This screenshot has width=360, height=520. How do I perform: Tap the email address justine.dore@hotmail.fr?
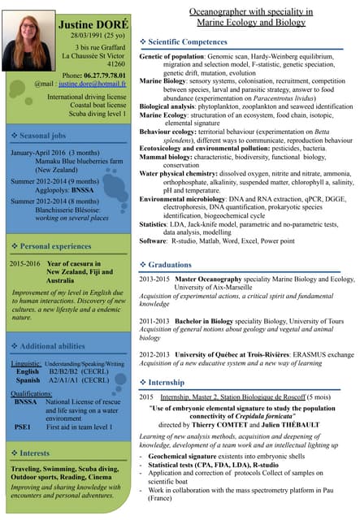click(x=91, y=84)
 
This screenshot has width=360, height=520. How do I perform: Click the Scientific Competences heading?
click(x=188, y=41)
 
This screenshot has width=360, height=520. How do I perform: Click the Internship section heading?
click(x=167, y=382)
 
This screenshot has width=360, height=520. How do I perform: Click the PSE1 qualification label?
click(x=23, y=426)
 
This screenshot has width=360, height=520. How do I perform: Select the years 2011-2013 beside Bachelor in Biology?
click(x=155, y=321)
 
